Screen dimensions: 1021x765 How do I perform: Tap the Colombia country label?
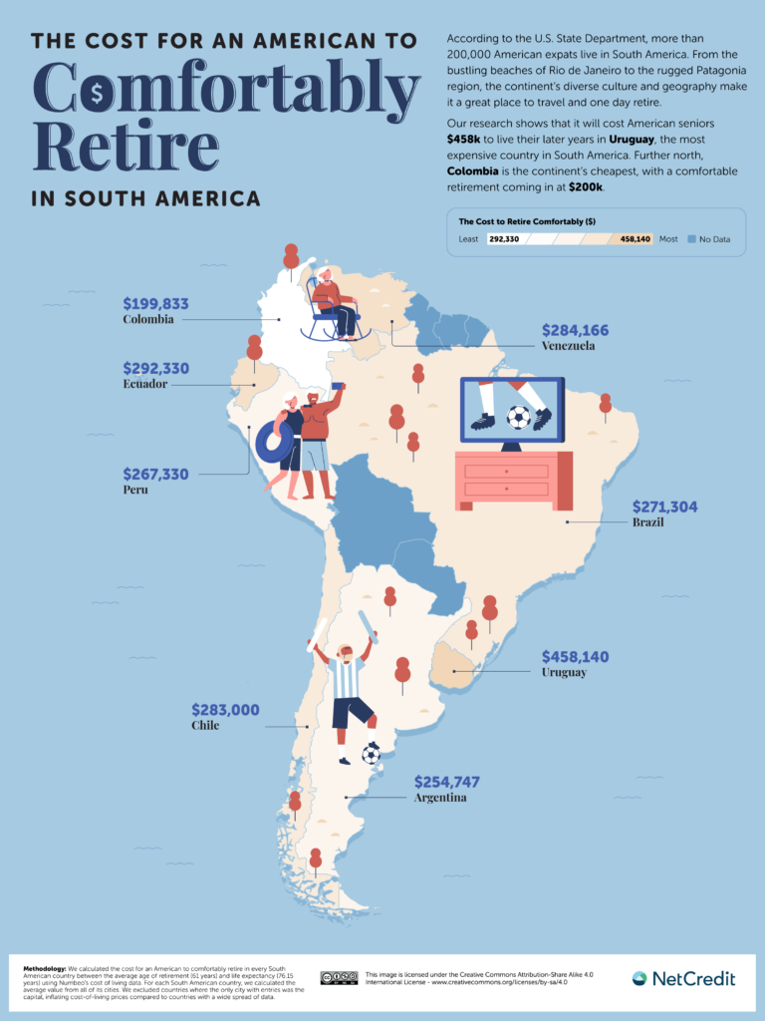(x=148, y=320)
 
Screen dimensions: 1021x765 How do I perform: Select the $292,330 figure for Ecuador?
(x=155, y=368)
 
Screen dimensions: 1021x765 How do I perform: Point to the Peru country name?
(x=135, y=491)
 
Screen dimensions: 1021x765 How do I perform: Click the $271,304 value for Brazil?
(x=663, y=507)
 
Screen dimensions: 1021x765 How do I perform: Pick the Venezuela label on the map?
(x=568, y=346)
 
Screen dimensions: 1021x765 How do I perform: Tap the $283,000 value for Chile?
(x=225, y=710)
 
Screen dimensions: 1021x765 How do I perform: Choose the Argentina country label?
(x=440, y=798)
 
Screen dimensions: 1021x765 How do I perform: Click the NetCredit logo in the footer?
(x=683, y=978)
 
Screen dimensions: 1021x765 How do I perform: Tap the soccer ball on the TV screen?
(x=519, y=417)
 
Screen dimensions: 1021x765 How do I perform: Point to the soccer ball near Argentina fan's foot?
(x=371, y=754)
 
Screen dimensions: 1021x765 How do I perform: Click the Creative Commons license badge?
(x=339, y=978)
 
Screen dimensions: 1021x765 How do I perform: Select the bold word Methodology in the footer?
(x=44, y=968)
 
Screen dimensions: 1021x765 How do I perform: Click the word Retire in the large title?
(x=126, y=146)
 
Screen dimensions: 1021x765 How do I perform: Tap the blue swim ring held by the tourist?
(x=274, y=441)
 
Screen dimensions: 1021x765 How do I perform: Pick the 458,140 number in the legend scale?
(x=635, y=239)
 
